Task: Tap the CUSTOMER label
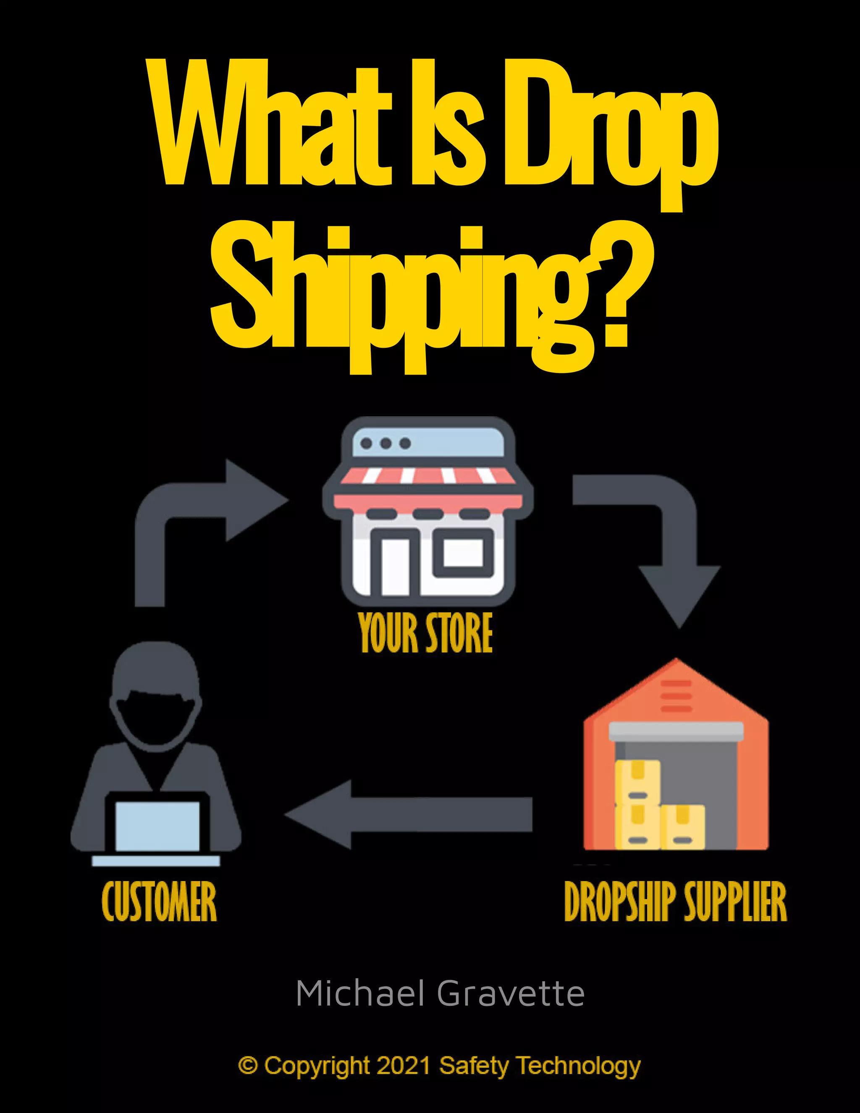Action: (159, 901)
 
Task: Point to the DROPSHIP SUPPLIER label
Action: (676, 901)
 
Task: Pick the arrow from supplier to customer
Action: (408, 814)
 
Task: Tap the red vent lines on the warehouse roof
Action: (676, 696)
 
